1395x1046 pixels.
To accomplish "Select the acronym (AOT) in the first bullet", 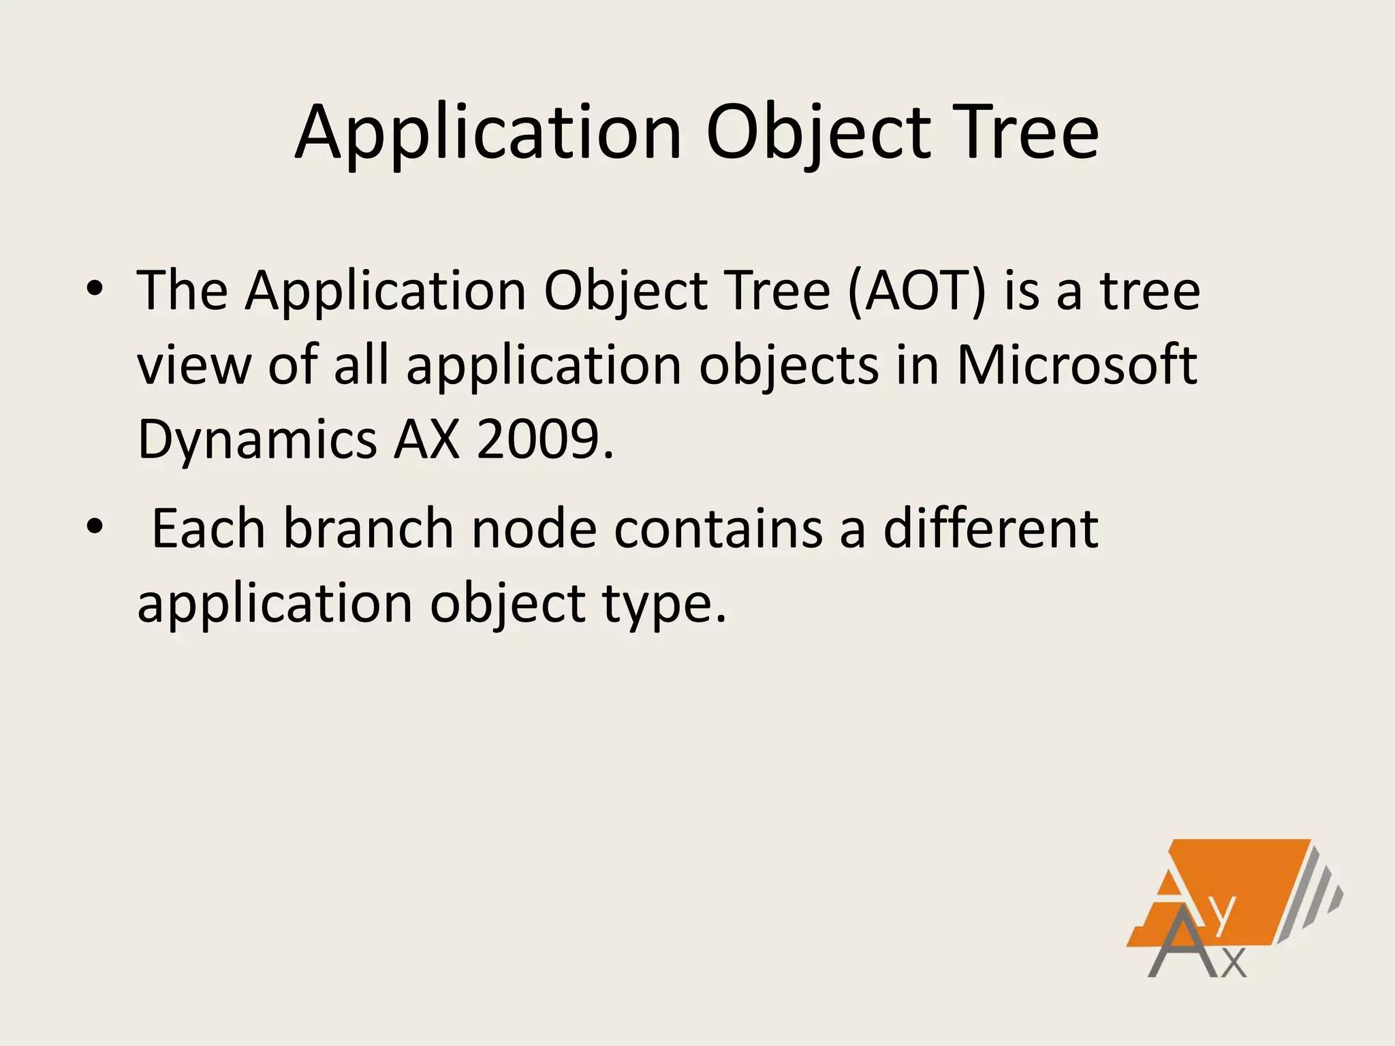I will pos(917,291).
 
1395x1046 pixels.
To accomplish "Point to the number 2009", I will pos(545,439).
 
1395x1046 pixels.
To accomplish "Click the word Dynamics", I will pos(257,439).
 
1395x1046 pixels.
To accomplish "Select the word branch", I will pos(369,528).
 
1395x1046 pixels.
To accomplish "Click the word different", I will pos(990,528).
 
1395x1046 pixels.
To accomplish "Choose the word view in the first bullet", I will pos(193,365).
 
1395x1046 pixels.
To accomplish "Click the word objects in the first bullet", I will pos(789,365).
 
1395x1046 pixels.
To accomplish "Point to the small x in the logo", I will pos(1234,963).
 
